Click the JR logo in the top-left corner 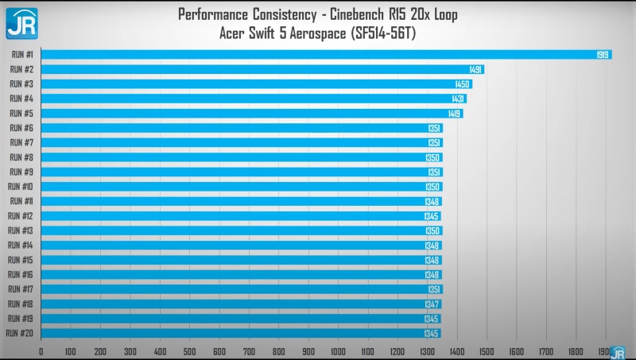(x=22, y=24)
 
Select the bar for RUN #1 (x=327, y=54)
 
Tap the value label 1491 (x=475, y=69)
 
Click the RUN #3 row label (x=21, y=84)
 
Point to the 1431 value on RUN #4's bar (x=458, y=99)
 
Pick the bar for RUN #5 (x=252, y=113)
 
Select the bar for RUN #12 (x=241, y=216)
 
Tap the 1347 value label (x=432, y=304)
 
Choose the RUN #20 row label (x=19, y=333)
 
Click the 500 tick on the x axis (x=189, y=351)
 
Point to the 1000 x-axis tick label (x=338, y=351)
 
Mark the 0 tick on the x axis (x=41, y=351)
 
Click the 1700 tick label (x=546, y=351)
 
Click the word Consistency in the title (x=285, y=14)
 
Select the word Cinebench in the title (x=356, y=14)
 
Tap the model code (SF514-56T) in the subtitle (x=383, y=33)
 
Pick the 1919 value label (x=603, y=55)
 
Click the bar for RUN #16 (x=242, y=274)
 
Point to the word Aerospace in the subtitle (x=317, y=33)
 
